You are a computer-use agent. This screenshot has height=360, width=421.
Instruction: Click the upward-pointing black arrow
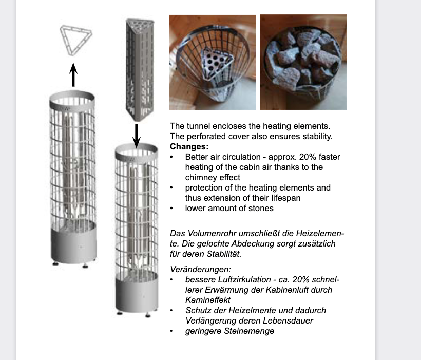(73, 74)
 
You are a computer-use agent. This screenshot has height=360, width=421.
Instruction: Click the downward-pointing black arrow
(137, 136)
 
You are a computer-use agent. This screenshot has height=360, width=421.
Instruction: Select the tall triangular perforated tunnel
(140, 70)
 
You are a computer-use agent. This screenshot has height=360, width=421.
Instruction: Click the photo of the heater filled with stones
(303, 62)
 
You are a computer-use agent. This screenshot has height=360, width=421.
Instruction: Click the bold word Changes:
(189, 147)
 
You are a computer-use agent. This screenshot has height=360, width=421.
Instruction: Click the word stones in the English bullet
(261, 208)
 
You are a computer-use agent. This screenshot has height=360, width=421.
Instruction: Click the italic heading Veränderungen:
(200, 269)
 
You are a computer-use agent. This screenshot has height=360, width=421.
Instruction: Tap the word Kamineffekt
(208, 300)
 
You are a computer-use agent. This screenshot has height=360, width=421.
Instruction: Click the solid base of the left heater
(73, 245)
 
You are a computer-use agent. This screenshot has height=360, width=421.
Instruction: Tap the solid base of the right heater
(137, 294)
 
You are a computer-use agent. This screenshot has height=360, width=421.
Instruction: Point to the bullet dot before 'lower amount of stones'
(171, 209)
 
